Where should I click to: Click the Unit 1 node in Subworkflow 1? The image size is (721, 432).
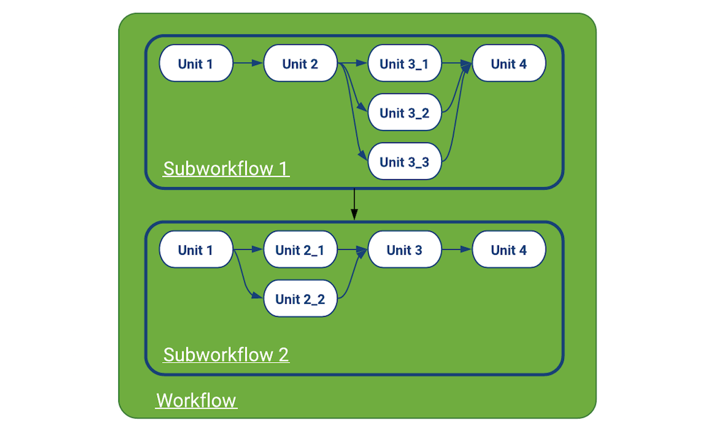tap(196, 63)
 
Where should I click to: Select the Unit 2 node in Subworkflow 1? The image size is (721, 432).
tap(300, 63)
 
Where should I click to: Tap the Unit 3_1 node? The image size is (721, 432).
tap(404, 63)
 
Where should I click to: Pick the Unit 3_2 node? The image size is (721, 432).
tap(404, 112)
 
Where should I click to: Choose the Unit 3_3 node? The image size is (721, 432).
tap(404, 161)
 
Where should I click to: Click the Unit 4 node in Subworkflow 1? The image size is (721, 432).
tap(508, 63)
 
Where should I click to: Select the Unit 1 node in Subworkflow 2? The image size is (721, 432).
tap(196, 250)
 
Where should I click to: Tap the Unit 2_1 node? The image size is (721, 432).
tap(300, 250)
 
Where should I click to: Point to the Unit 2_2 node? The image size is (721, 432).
tap(300, 298)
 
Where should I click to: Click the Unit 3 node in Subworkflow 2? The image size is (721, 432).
tap(404, 250)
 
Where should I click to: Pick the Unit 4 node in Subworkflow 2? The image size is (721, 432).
tap(508, 250)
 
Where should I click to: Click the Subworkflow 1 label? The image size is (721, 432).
tap(226, 168)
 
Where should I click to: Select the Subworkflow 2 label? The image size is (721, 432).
tap(226, 354)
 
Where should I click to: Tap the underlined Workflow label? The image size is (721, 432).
tap(196, 400)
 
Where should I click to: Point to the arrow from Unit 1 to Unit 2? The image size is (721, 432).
tap(248, 63)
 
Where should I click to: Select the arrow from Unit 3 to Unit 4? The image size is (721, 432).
tap(457, 250)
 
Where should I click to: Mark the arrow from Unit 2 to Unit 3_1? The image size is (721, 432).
tap(353, 63)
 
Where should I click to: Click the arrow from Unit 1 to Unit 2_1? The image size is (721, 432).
tap(248, 250)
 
